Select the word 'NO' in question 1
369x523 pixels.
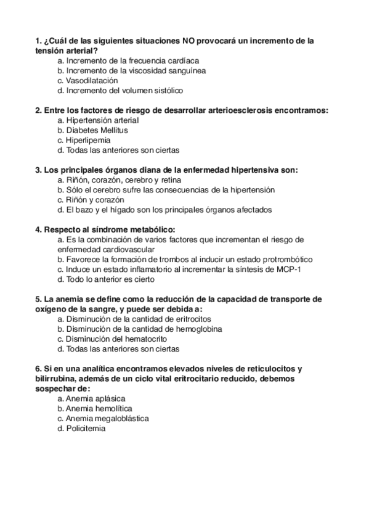(x=189, y=41)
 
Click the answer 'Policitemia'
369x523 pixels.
(x=85, y=428)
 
